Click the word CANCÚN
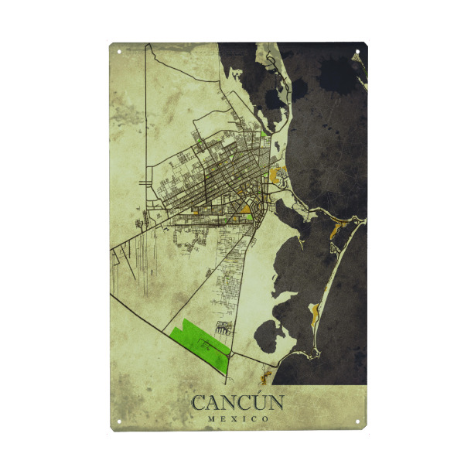pos(237,402)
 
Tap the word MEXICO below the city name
pos(237,419)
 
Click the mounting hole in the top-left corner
pos(119,52)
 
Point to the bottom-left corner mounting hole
pos(119,421)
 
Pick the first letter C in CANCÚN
pos(198,403)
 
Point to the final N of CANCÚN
pos(276,403)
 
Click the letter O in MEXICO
pos(265,419)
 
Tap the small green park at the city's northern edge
pos(264,132)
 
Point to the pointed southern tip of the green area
pos(226,372)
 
